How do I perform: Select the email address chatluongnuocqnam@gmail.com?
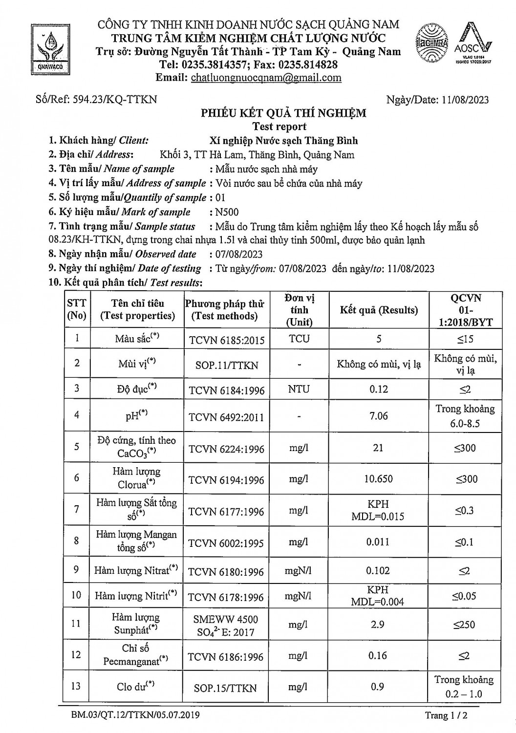pyautogui.click(x=265, y=78)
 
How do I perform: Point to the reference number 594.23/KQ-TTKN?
pyautogui.click(x=115, y=99)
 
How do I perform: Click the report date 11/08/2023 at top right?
pyautogui.click(x=464, y=100)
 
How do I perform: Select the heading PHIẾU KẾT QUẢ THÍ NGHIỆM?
pyautogui.click(x=284, y=114)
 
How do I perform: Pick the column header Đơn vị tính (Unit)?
pyautogui.click(x=299, y=310)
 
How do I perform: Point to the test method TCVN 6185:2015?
pyautogui.click(x=227, y=340)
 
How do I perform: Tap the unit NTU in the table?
pyautogui.click(x=299, y=389)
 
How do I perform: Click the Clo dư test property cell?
pyautogui.click(x=135, y=687)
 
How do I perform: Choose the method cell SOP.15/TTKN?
pyautogui.click(x=225, y=688)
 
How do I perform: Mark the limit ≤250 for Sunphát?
pyautogui.click(x=464, y=625)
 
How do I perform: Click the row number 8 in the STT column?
pyautogui.click(x=76, y=541)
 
